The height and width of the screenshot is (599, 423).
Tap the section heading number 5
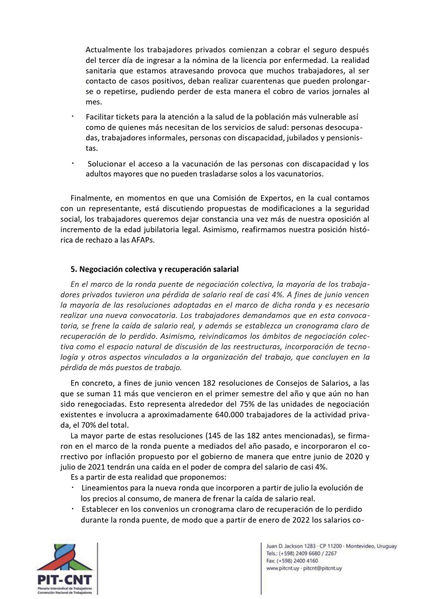73,269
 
